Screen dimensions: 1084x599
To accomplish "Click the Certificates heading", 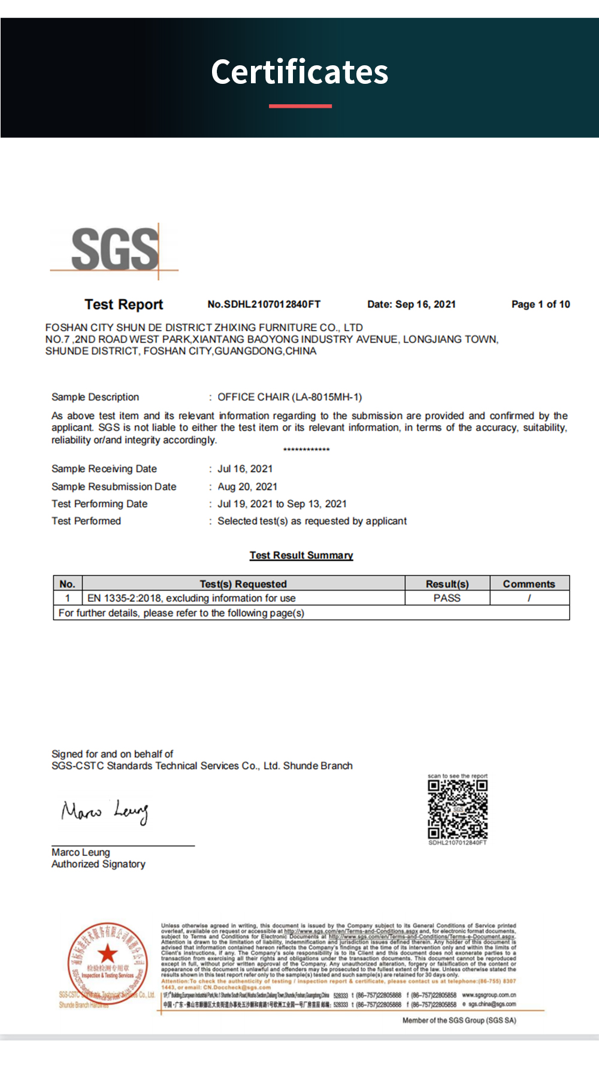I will [x=299, y=72].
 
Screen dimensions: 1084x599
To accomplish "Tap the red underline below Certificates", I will [x=300, y=106].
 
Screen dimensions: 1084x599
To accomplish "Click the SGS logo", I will [x=115, y=250].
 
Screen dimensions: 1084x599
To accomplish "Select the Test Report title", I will [x=124, y=304].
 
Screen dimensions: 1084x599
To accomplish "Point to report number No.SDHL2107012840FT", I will [x=264, y=304].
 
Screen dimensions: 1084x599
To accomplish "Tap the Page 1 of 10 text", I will [x=540, y=304].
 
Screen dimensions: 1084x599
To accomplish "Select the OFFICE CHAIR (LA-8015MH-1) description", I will [x=289, y=397].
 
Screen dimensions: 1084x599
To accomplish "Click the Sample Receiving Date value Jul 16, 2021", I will [x=245, y=469].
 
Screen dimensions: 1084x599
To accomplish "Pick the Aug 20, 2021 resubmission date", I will [x=247, y=487].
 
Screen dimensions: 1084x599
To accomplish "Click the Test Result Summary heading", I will [x=301, y=555].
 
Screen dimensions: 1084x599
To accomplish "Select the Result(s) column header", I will [x=447, y=584].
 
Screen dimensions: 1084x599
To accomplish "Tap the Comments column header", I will [x=529, y=584].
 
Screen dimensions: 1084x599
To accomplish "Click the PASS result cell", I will [x=447, y=598].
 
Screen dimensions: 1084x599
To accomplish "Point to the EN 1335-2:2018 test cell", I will [x=191, y=598].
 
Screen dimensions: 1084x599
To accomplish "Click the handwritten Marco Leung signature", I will [x=105, y=812].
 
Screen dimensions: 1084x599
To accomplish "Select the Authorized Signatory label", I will [x=98, y=864].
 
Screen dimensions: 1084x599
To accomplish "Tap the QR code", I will [x=458, y=809].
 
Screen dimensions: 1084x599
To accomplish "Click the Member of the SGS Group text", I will [x=459, y=1021].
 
